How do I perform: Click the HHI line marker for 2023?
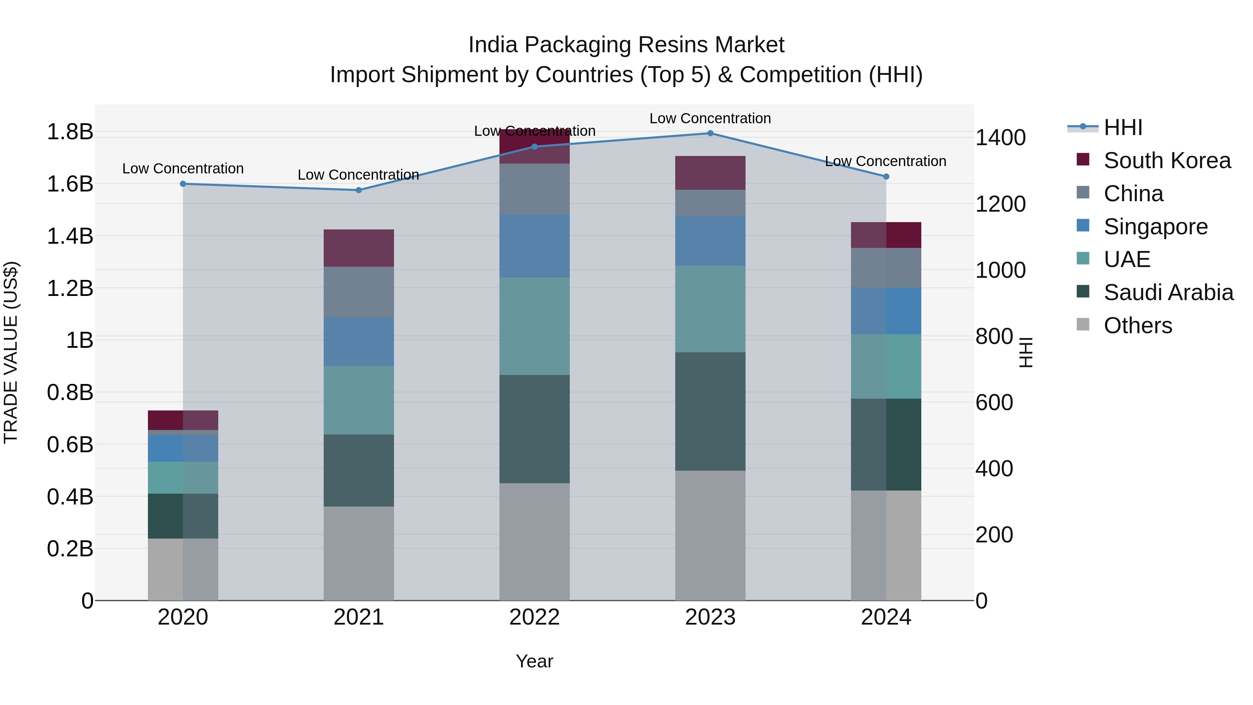(x=710, y=133)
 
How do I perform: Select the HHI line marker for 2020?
(x=183, y=184)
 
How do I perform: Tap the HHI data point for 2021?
(x=358, y=190)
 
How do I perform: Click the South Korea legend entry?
(x=1166, y=160)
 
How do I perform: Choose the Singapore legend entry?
(x=1155, y=227)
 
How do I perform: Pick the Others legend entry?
(x=1137, y=326)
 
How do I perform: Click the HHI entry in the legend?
(x=1122, y=127)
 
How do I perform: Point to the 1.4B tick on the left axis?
(x=70, y=236)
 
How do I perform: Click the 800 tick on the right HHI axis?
(x=994, y=337)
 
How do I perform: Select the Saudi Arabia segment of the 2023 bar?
(x=710, y=411)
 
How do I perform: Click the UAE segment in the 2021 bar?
(x=358, y=400)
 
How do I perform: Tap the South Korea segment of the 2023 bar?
(x=710, y=173)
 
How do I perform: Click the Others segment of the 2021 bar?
(x=358, y=553)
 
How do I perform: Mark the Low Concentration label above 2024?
(x=885, y=161)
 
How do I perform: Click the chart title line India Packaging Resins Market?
(x=626, y=45)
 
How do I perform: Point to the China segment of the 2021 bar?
(x=358, y=292)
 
